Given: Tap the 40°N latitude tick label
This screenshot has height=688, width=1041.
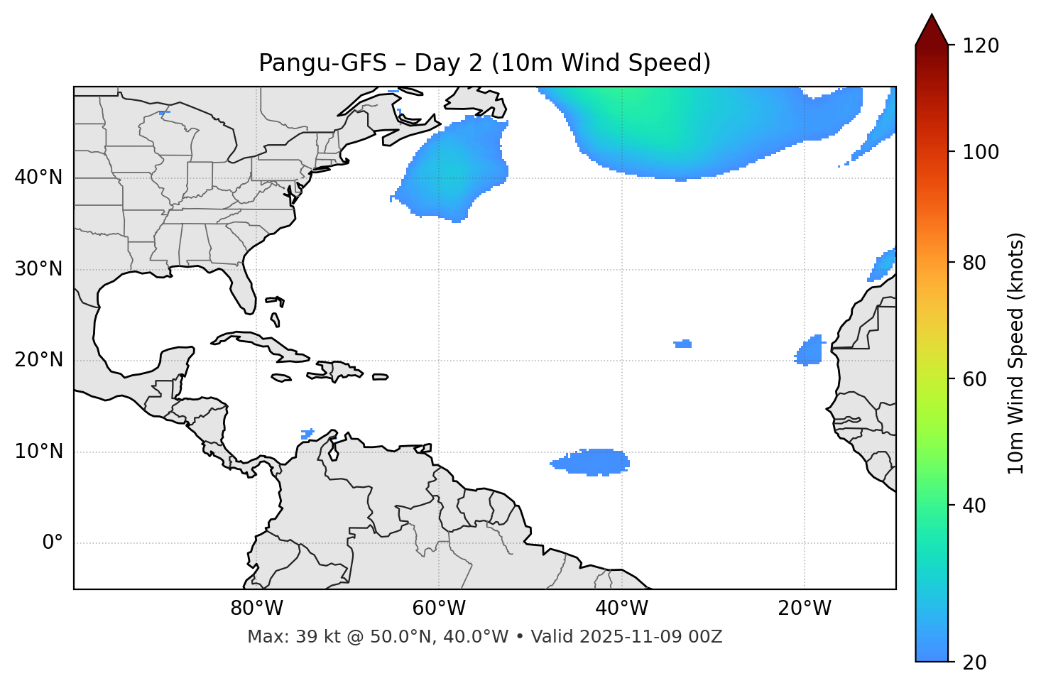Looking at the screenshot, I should pyautogui.click(x=38, y=178).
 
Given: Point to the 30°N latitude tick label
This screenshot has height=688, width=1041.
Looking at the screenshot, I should pyautogui.click(x=38, y=269).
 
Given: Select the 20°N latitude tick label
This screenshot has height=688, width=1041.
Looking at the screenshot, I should pyautogui.click(x=38, y=360).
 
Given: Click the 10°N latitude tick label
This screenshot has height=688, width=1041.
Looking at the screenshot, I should pyautogui.click(x=38, y=452).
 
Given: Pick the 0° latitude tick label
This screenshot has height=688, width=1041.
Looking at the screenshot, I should pyautogui.click(x=53, y=543).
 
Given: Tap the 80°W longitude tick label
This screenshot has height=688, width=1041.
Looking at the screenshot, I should pyautogui.click(x=256, y=608).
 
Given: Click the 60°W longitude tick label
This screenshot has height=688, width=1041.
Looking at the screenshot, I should pyautogui.click(x=439, y=608).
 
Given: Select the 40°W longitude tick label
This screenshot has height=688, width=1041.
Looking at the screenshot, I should pyautogui.click(x=621, y=608).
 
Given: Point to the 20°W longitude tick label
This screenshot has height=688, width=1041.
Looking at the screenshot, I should pyautogui.click(x=804, y=608).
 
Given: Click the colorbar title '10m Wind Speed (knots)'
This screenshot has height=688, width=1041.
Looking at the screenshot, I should pyautogui.click(x=1016, y=353).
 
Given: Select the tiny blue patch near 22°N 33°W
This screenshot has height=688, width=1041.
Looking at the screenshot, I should pyautogui.click(x=683, y=344).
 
